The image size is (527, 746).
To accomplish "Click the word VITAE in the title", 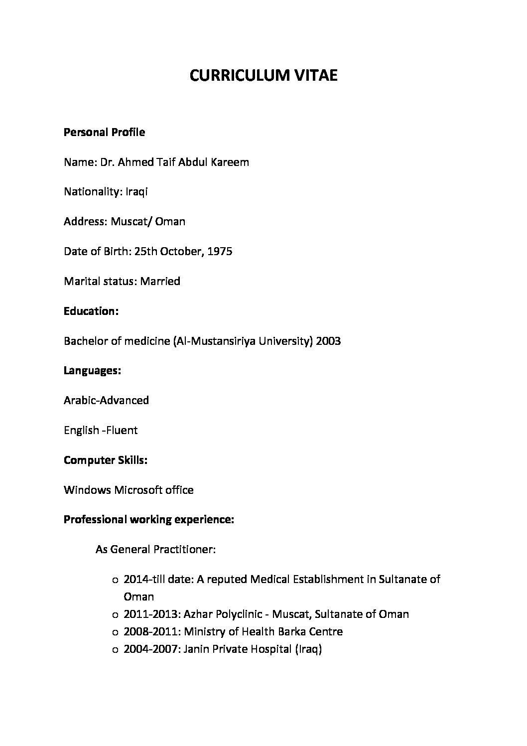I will coord(314,76).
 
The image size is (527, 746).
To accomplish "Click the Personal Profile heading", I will coord(104,133).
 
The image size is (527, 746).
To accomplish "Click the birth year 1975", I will coord(220,252).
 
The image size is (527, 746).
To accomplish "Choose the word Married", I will coord(160,282).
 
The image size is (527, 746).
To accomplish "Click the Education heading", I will coord(91,311).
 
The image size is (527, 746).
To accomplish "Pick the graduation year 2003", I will coord(328,341).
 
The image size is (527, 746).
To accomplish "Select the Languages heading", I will coord(93,371).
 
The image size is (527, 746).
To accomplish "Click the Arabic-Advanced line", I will coord(106,401).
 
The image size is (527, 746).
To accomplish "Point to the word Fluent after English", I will coord(122,431).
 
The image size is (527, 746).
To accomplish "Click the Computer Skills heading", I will coord(106,460).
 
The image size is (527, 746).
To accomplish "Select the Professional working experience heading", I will coord(149,520).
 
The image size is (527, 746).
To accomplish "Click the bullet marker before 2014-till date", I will coord(115,581).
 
